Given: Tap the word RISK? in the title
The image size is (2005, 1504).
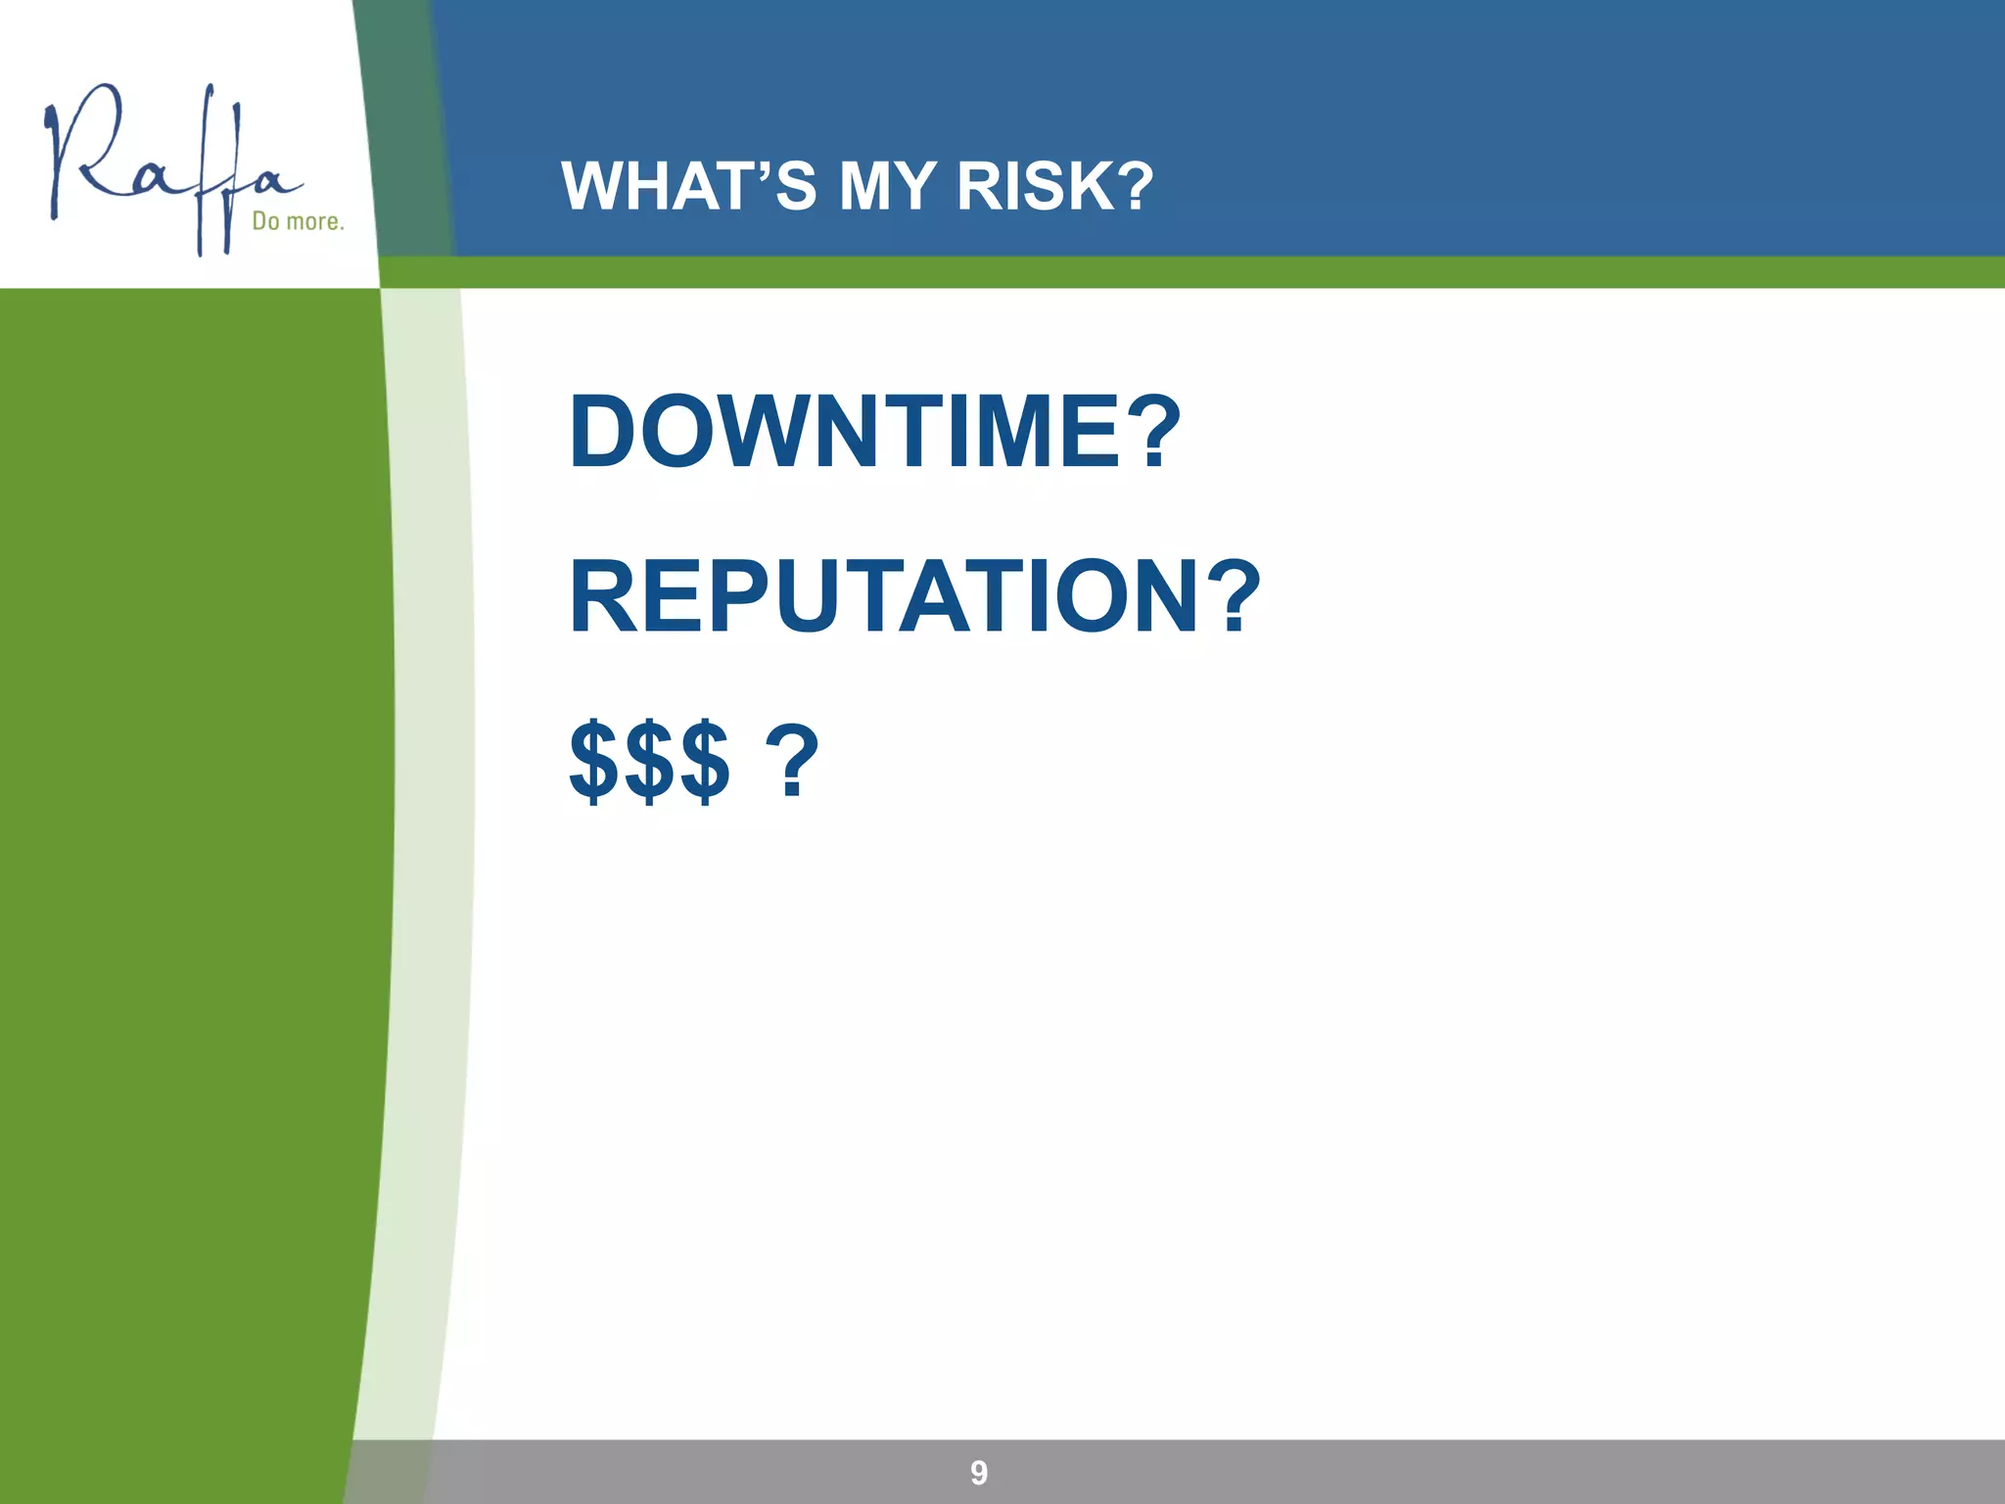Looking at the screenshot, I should pyautogui.click(x=1055, y=186).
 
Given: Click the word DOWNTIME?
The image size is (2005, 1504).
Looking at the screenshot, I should pyautogui.click(x=875, y=432).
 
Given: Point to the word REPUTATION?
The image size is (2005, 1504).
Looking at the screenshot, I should pyautogui.click(x=914, y=597).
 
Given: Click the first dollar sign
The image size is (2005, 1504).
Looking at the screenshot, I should pyautogui.click(x=595, y=763).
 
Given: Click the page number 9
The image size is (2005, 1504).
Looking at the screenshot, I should pyautogui.click(x=979, y=1473).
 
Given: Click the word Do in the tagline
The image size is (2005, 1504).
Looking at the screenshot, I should pyautogui.click(x=266, y=221).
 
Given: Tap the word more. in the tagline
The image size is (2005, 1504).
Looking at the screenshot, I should pyautogui.click(x=314, y=222).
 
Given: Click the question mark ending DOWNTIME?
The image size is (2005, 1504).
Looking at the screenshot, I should pyautogui.click(x=1147, y=432).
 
